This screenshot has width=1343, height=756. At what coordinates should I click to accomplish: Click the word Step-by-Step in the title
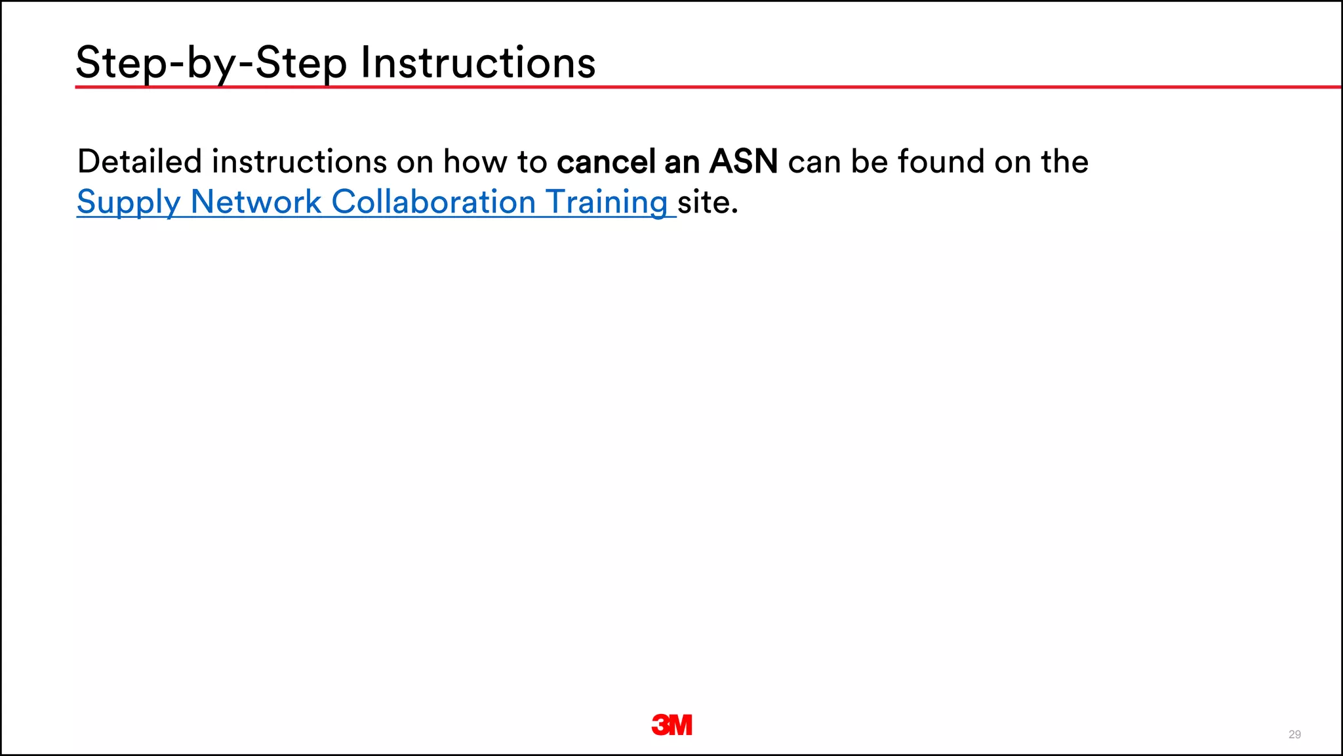211,64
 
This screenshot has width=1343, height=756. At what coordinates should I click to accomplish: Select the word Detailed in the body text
140,161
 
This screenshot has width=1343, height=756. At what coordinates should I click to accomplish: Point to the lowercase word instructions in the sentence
299,161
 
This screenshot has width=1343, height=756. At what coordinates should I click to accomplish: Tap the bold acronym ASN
744,161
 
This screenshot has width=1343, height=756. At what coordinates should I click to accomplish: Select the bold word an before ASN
682,161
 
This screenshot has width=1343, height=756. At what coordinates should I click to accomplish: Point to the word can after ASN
814,163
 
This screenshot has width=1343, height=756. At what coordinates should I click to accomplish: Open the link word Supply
128,203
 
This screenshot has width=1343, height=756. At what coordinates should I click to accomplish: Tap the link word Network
256,201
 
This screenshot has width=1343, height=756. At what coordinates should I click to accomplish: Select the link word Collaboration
433,201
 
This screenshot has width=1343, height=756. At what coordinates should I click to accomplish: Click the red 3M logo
672,724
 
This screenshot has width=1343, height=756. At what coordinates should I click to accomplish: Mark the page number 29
1294,734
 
